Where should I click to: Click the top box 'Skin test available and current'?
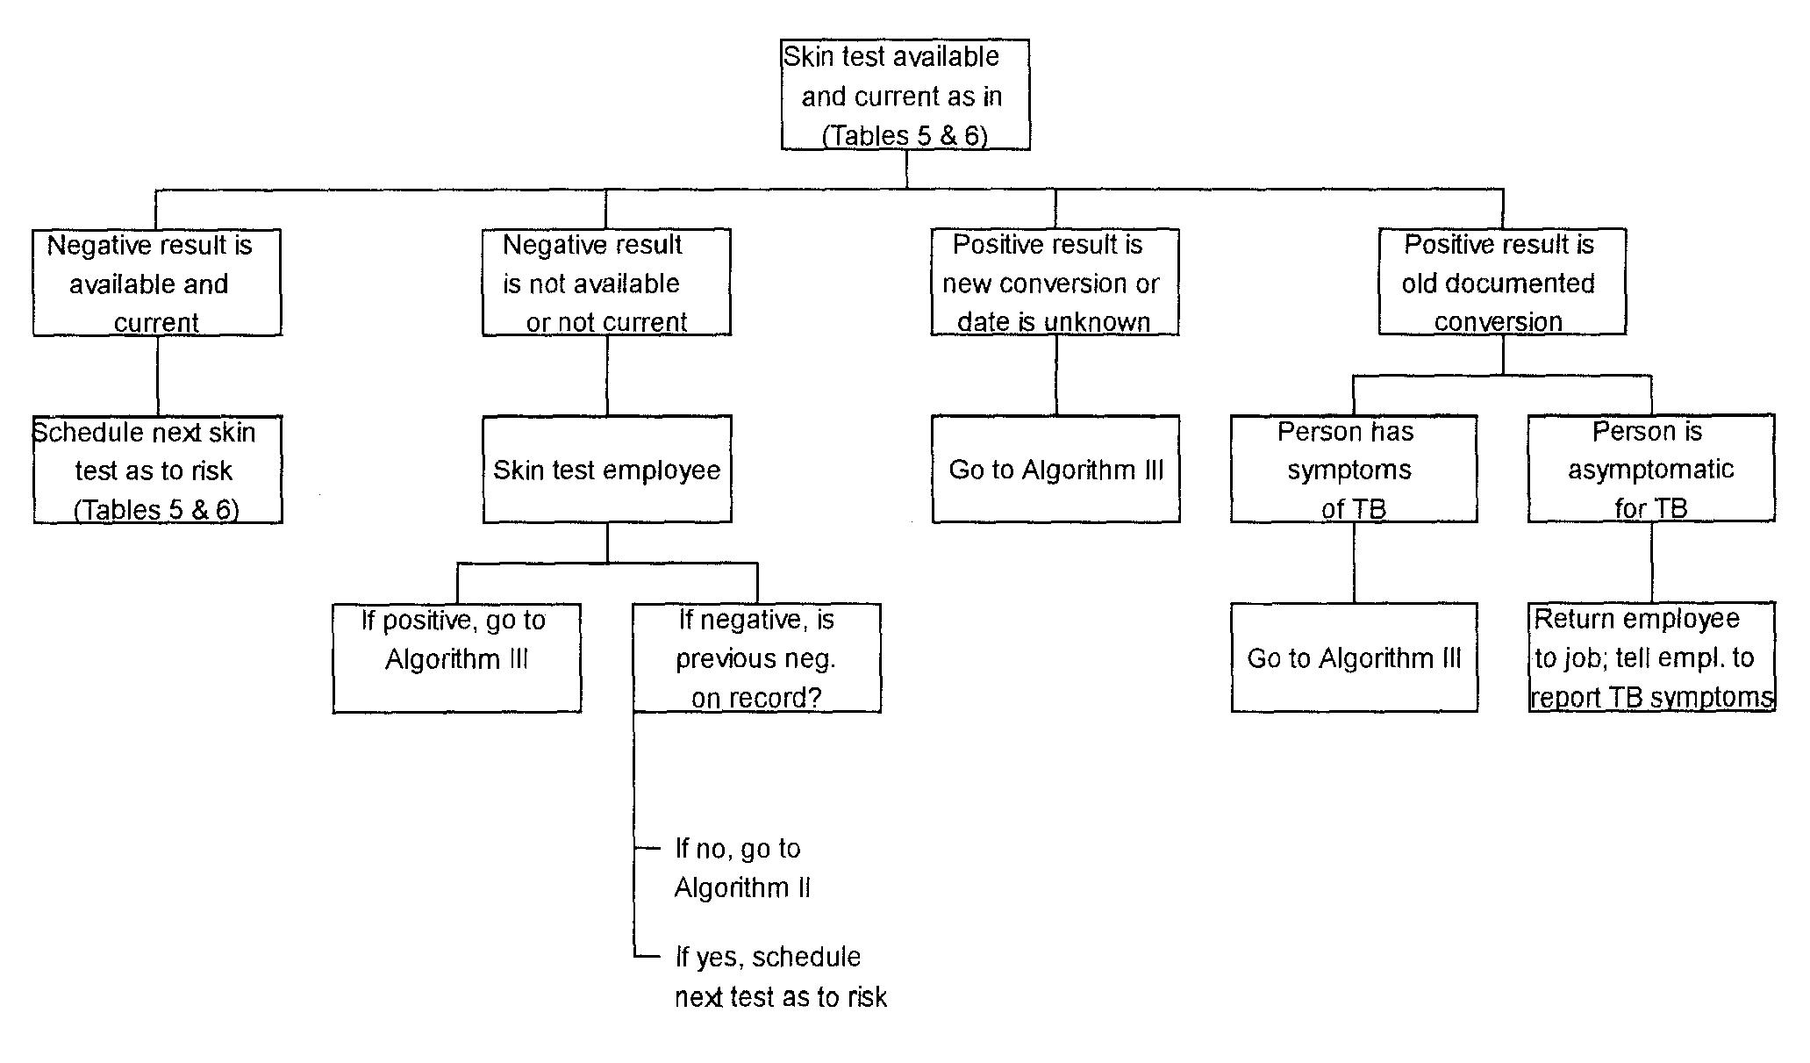(905, 95)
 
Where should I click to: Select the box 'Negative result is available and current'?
(157, 283)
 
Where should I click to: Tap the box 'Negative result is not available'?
(606, 283)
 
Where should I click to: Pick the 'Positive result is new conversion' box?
(1055, 283)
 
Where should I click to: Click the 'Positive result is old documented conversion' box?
(1502, 283)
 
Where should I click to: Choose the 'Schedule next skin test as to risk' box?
(158, 470)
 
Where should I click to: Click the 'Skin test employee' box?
(607, 470)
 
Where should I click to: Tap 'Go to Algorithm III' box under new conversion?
(1055, 470)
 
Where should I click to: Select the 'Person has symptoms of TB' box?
(1354, 470)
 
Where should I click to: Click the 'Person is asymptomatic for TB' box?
(1651, 470)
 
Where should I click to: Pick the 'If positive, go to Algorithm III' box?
(456, 657)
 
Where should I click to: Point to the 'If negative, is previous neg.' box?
(756, 657)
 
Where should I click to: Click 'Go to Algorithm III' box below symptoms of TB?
(1354, 657)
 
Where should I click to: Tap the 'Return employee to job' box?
(1651, 657)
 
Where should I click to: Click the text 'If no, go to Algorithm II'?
(741, 868)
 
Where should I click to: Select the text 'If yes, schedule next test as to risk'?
(780, 976)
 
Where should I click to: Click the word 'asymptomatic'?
(1650, 470)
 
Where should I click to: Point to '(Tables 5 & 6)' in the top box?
(905, 136)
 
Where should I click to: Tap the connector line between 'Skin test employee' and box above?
(607, 376)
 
